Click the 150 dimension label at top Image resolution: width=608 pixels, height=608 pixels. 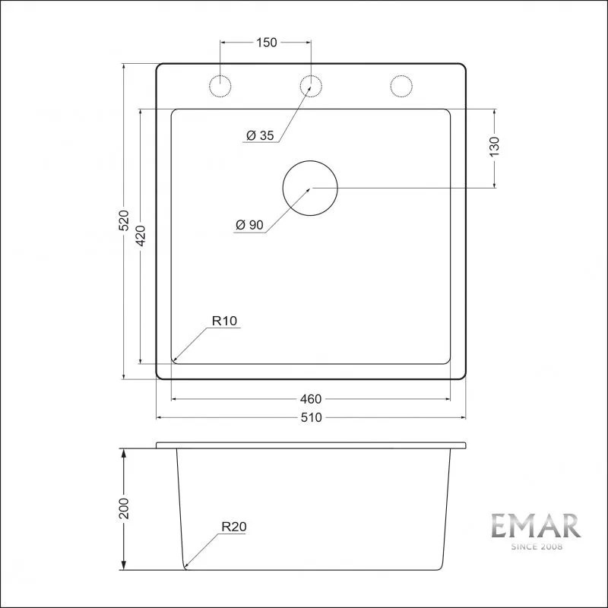tap(267, 43)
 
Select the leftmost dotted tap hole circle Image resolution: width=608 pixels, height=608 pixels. tap(220, 75)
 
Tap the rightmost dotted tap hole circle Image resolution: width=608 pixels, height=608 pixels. tap(401, 75)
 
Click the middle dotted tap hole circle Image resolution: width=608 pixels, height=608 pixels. tap(311, 75)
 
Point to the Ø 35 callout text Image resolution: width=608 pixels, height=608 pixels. tap(260, 135)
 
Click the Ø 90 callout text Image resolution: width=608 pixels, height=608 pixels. tap(249, 225)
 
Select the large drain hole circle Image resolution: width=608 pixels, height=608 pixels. tap(310, 161)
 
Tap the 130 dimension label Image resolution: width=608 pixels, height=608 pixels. tap(495, 147)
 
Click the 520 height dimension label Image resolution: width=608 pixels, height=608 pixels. tap(123, 220)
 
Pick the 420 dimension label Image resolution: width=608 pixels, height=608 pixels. tap(141, 236)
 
